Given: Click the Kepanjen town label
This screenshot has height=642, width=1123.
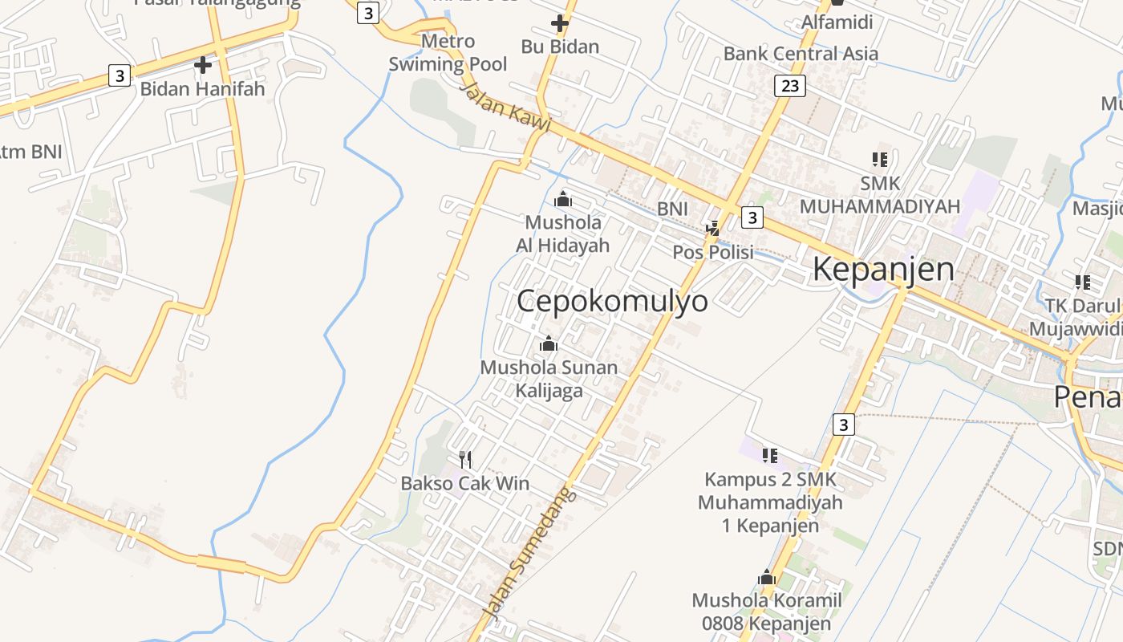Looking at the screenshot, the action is coord(883,270).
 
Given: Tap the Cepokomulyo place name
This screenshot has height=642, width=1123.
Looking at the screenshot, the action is coord(612,302).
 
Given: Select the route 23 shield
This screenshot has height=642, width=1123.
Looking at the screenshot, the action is coord(790,85).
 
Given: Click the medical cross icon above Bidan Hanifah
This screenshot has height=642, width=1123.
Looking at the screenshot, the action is coord(203,64).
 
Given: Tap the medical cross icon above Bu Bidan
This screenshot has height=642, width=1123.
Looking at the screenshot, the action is coord(560,23).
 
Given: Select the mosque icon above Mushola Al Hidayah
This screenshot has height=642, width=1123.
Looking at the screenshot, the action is coord(563,198).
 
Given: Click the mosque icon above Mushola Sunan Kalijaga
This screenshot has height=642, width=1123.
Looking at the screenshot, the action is coord(549,343).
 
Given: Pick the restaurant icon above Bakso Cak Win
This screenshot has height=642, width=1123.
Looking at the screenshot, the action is coord(465,459).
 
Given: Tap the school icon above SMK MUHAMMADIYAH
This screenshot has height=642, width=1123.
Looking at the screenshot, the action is coord(879,160).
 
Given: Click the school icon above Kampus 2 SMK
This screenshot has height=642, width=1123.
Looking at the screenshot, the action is coord(770,456).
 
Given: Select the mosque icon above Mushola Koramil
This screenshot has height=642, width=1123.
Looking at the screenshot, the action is coord(767,577).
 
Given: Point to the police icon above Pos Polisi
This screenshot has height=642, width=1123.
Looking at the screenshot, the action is coord(712,230).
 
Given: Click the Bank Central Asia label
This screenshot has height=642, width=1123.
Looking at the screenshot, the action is coord(801,54).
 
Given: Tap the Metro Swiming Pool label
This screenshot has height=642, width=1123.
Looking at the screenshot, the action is coord(448,52).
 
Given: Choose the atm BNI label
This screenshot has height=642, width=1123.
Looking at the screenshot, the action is coord(30,151).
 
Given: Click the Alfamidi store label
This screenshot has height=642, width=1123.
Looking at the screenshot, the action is coord(837,22).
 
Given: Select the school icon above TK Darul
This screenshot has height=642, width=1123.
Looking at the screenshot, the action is coord(1082,282).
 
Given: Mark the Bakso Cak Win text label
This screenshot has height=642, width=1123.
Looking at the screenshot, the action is coord(465,483).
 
